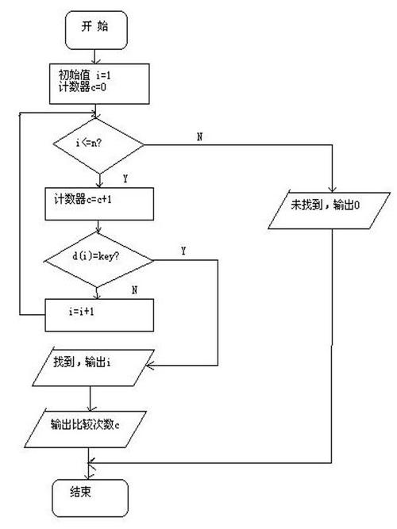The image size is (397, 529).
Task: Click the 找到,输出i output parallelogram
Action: [x=91, y=366]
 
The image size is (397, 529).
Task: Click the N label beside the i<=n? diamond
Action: [x=198, y=137]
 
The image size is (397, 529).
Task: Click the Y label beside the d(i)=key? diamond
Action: [x=183, y=251]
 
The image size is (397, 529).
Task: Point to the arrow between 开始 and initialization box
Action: [x=97, y=56]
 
